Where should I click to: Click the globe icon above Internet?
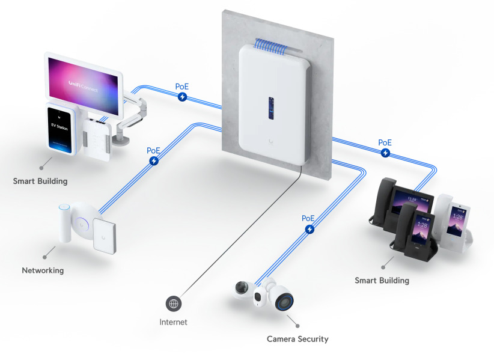click(x=174, y=304)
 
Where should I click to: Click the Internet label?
click(x=173, y=322)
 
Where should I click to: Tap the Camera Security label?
click(x=297, y=339)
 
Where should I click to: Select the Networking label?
click(x=43, y=270)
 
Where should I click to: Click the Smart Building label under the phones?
click(x=382, y=280)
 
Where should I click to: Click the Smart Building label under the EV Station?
click(x=40, y=181)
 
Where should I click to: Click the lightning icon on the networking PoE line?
click(x=154, y=161)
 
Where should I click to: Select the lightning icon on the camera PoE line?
click(x=309, y=229)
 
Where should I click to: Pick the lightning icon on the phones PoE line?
click(x=385, y=153)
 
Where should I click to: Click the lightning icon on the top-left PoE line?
click(x=182, y=97)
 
